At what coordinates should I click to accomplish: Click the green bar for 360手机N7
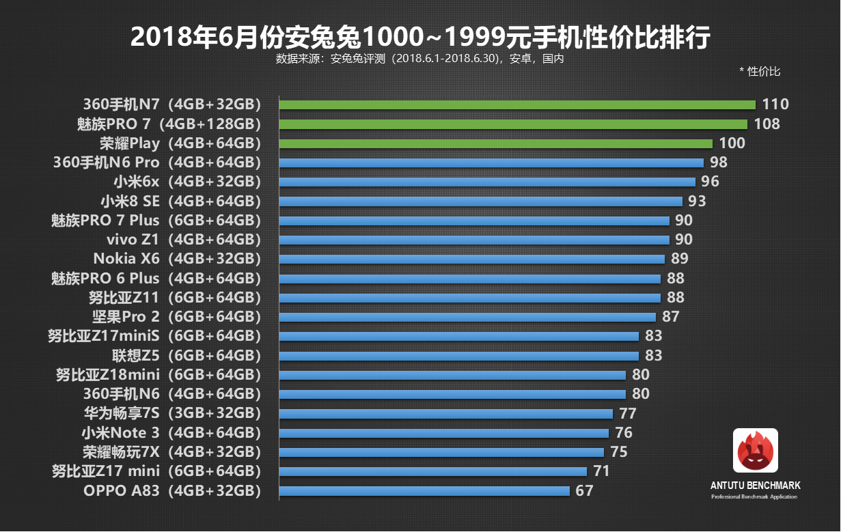[517, 104]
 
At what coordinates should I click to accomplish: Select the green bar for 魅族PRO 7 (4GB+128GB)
[513, 124]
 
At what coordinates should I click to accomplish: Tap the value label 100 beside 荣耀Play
[732, 143]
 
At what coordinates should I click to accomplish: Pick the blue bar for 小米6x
[487, 182]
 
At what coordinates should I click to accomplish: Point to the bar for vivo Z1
[474, 240]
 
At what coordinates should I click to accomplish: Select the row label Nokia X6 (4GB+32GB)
[177, 259]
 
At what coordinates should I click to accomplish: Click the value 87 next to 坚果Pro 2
[670, 317]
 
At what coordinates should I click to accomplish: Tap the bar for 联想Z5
[459, 356]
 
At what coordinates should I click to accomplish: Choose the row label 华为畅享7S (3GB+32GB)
[172, 413]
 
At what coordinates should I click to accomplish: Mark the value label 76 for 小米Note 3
[623, 433]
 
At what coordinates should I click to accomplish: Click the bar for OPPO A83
[424, 490]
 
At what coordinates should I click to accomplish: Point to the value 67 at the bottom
[584, 490]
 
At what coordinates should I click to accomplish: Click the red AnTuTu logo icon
[755, 450]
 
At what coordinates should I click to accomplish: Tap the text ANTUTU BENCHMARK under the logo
[755, 486]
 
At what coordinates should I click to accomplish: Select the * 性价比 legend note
[760, 71]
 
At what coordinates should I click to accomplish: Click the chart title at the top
[419, 37]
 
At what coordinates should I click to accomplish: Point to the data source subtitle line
[419, 59]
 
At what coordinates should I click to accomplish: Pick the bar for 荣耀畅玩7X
[441, 452]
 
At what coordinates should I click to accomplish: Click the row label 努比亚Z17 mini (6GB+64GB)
[156, 471]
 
